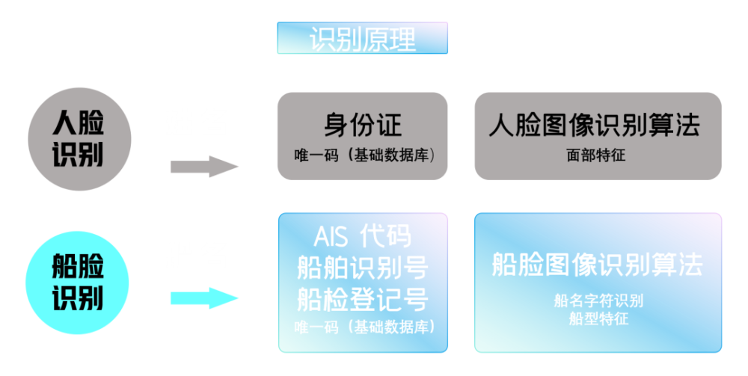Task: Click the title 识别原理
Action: click(x=363, y=39)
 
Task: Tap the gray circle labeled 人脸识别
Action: click(x=80, y=139)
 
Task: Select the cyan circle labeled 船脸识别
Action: click(x=77, y=283)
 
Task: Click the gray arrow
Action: click(x=204, y=166)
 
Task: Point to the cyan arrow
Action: click(x=204, y=298)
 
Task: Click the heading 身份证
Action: click(x=363, y=125)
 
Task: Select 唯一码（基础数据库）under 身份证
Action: click(x=364, y=155)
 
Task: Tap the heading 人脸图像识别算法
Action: click(x=595, y=125)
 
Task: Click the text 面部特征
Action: click(x=596, y=155)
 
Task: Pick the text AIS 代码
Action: click(x=362, y=236)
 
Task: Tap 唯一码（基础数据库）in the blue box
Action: click(x=364, y=327)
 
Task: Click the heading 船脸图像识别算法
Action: click(x=597, y=265)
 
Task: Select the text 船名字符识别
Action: click(x=598, y=301)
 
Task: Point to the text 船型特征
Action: click(x=598, y=318)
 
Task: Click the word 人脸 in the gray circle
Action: click(x=79, y=123)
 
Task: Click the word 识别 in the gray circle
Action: click(x=78, y=155)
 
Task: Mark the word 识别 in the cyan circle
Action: click(x=78, y=298)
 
